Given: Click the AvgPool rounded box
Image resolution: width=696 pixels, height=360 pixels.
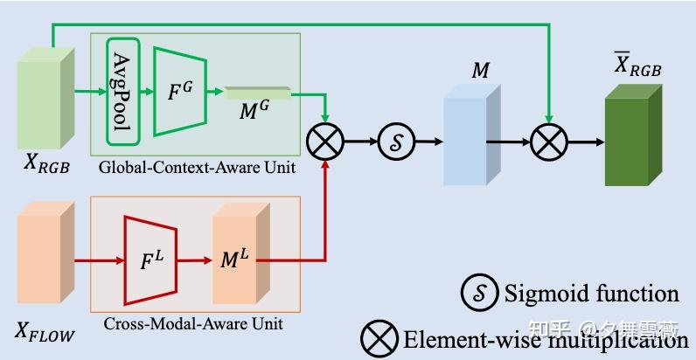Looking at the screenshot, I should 122,91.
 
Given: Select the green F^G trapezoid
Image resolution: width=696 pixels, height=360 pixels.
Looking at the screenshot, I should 179,91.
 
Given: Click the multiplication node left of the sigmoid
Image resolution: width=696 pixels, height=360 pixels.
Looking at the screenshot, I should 325,140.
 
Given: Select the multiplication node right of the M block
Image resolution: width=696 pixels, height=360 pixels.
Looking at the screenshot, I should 549,140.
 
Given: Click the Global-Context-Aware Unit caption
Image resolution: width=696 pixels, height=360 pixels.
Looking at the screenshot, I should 197,167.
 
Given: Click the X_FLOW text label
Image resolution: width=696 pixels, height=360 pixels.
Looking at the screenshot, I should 45,331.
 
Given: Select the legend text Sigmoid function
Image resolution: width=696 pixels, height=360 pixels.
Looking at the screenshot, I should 591,293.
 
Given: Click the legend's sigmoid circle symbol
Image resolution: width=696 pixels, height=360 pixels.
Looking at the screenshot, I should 479,293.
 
